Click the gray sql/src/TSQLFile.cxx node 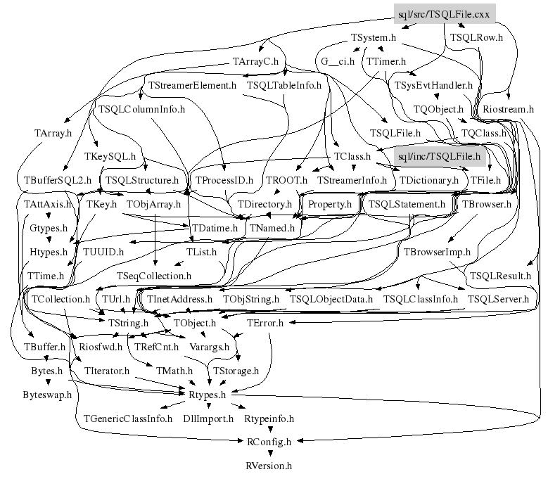pos(445,13)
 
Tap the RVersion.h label pos(269,465)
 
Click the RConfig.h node pos(269,442)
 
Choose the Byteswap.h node pos(47,395)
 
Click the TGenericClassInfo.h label pos(128,419)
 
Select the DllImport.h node pos(208,419)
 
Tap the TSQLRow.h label pos(476,37)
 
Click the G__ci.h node pos(338,61)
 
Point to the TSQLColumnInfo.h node pos(141,109)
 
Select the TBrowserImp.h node pos(437,251)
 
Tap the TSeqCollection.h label pos(154,275)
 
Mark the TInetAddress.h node pos(180,299)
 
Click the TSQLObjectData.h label pos(331,299)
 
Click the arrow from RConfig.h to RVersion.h pos(269,454)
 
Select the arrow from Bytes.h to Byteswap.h pos(48,383)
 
